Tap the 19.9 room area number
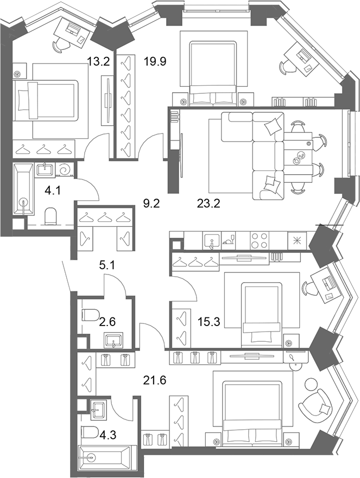coord(155,62)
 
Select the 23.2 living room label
coord(209,203)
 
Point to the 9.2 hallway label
coord(151,203)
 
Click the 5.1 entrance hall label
coord(107,265)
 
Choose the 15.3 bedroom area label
coord(209,321)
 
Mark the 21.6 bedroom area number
coord(155,380)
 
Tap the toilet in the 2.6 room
coord(91,315)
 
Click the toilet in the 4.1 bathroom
coord(50,216)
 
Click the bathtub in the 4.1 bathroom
coord(23,189)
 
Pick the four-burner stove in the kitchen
coord(260,240)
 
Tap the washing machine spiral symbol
coord(65,169)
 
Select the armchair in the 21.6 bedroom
coord(315,403)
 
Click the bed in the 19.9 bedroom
coord(213,73)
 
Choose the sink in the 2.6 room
coord(113,340)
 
